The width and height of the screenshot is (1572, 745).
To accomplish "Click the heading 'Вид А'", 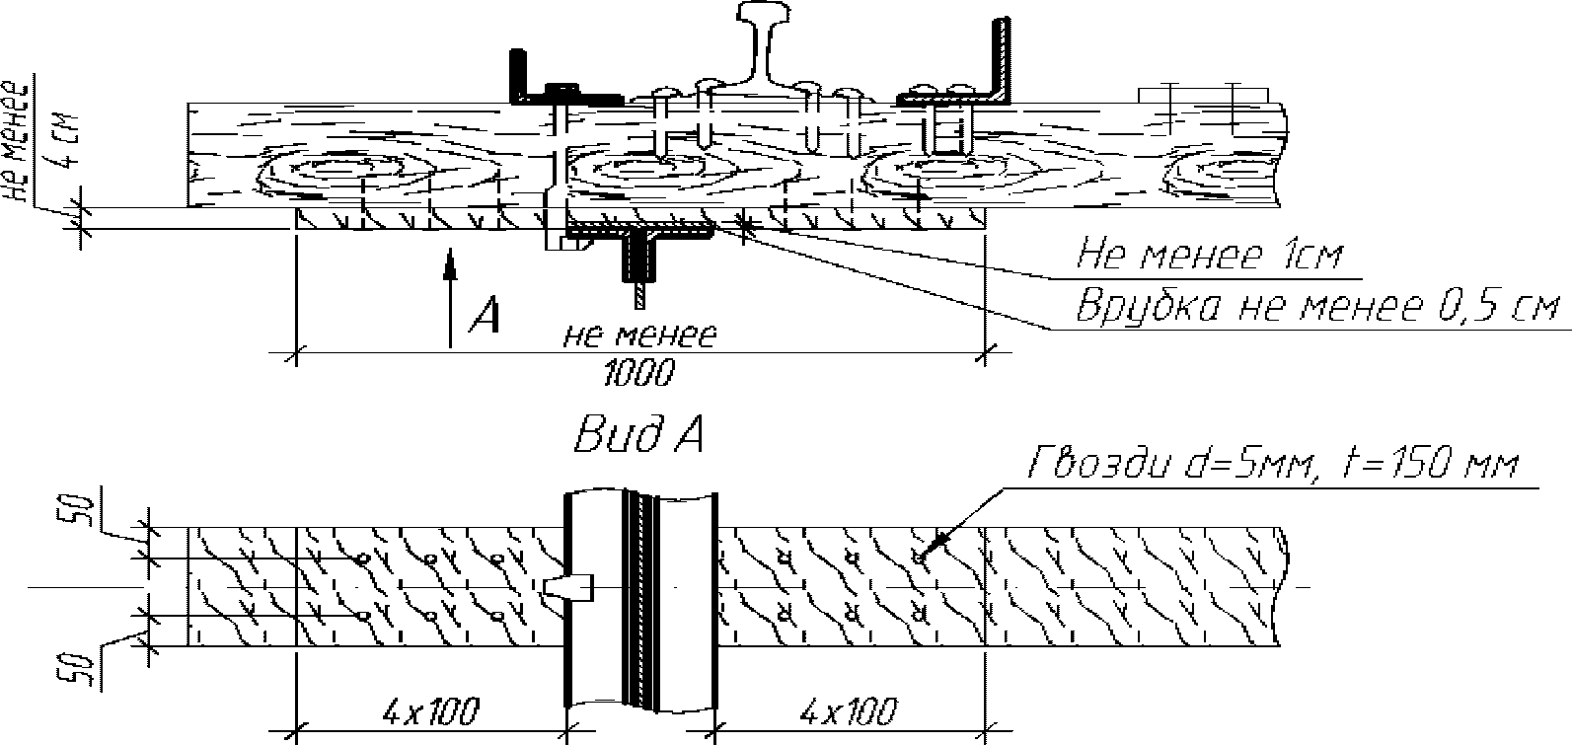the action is click(x=638, y=436).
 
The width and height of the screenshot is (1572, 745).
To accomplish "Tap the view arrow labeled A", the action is click(x=451, y=297).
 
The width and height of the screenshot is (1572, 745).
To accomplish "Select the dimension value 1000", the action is click(x=638, y=373).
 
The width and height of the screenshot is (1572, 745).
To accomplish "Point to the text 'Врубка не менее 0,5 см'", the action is click(x=1317, y=308).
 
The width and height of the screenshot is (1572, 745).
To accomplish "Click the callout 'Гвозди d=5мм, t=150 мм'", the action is click(x=1274, y=465).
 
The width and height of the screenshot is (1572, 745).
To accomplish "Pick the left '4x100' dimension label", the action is click(x=431, y=712).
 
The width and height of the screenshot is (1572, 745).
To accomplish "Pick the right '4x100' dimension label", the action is click(x=849, y=712).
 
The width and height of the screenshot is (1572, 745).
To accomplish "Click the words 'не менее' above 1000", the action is click(x=640, y=335).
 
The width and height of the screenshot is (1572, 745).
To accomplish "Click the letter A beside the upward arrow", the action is click(x=485, y=314).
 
